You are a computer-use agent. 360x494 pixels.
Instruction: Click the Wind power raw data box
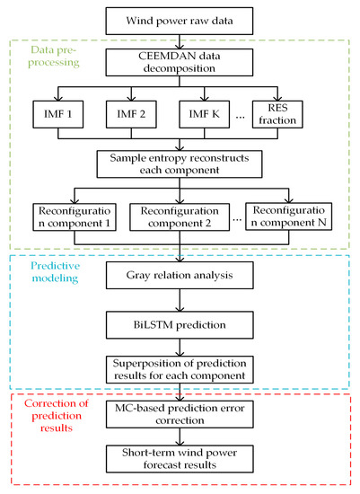tap(180, 18)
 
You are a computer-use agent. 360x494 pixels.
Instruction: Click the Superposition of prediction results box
tap(180, 368)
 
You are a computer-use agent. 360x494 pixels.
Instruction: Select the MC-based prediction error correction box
tap(180, 414)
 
